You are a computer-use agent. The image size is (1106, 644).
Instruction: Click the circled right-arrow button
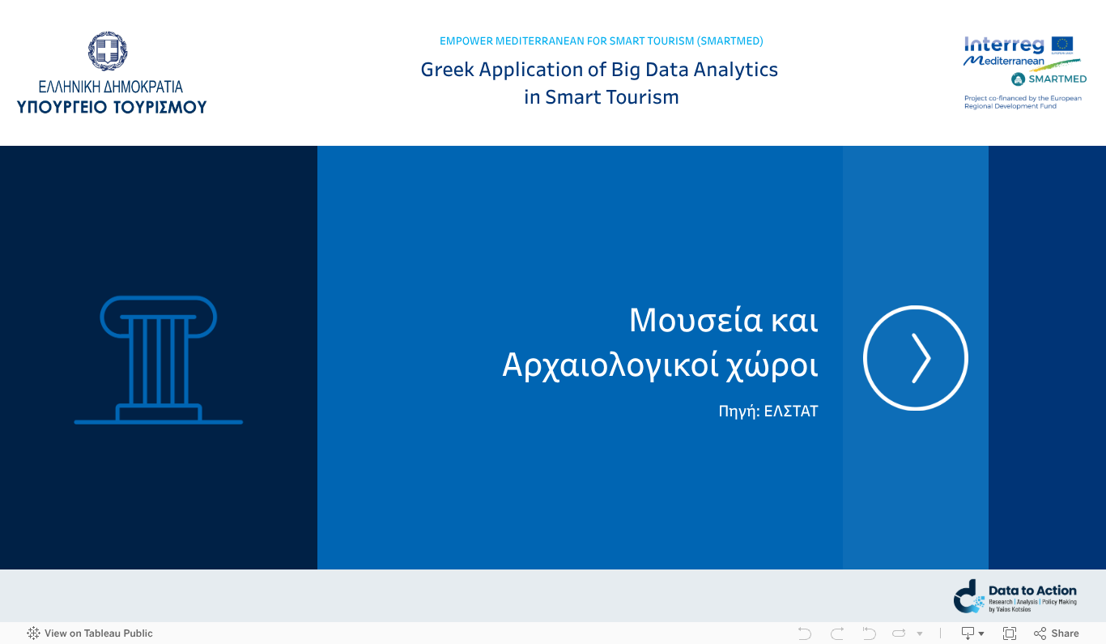[x=916, y=357]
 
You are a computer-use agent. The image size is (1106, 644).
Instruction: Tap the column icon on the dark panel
[x=159, y=360]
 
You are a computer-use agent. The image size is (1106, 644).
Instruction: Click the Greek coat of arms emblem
[x=108, y=52]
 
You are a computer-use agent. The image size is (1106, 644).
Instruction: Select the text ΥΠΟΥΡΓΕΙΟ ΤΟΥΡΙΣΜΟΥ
[x=112, y=106]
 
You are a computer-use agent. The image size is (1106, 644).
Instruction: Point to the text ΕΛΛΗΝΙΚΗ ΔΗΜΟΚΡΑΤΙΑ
[x=111, y=87]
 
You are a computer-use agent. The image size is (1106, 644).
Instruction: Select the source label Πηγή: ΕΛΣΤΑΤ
[x=768, y=411]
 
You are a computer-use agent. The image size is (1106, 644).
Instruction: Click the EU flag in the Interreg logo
[x=1062, y=45]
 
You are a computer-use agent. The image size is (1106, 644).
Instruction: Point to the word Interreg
[x=1004, y=45]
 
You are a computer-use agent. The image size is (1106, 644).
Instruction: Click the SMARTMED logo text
[x=1057, y=79]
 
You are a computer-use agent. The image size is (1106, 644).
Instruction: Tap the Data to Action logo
[x=1015, y=596]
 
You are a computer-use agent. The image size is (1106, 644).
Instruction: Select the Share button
[x=1057, y=633]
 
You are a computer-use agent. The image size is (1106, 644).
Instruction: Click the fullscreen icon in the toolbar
[x=1010, y=633]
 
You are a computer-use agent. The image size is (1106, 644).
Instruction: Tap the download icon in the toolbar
[x=968, y=633]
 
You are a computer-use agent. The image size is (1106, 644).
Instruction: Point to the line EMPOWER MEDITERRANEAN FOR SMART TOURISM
[x=601, y=41]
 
